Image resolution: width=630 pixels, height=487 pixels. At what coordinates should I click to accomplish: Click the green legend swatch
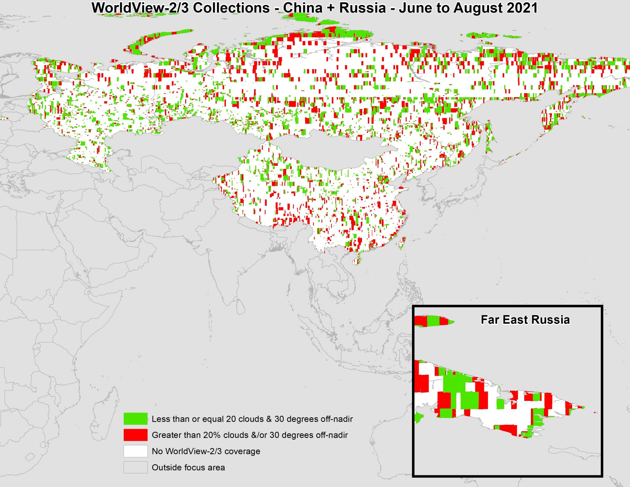pyautogui.click(x=135, y=419)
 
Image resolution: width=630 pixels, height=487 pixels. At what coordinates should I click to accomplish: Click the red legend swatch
pyautogui.click(x=135, y=435)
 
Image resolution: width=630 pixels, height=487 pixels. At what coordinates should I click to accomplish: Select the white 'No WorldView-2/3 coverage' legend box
pyautogui.click(x=135, y=451)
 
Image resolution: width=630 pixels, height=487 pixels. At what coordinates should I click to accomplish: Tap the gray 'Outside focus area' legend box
pyautogui.click(x=135, y=467)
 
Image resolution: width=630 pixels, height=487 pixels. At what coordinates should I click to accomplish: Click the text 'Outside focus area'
pyautogui.click(x=188, y=467)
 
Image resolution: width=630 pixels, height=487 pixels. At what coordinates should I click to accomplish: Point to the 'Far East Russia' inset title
pyautogui.click(x=525, y=320)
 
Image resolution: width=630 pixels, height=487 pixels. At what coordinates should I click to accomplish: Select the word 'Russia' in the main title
pyautogui.click(x=362, y=8)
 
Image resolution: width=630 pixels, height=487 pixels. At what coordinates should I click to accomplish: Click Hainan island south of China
pyautogui.click(x=356, y=261)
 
